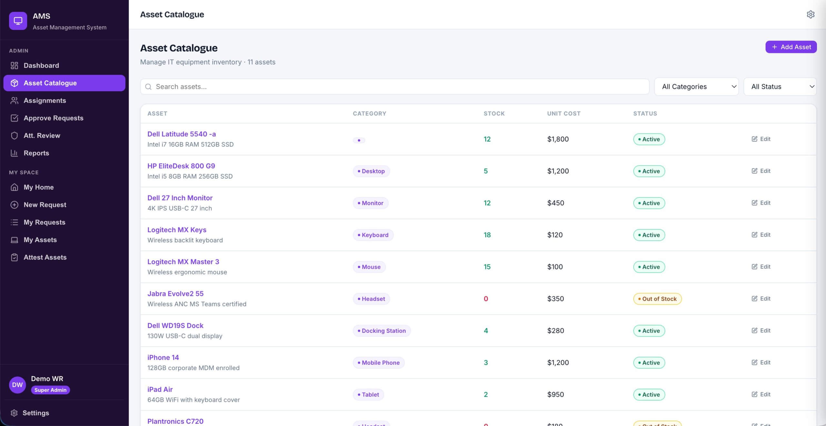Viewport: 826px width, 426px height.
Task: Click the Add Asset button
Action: [x=791, y=47]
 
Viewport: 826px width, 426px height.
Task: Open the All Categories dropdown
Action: [x=696, y=86]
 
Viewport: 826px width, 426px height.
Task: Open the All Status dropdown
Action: [x=780, y=86]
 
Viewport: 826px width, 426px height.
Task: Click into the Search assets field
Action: [x=395, y=86]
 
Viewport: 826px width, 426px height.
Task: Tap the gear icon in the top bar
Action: [x=811, y=15]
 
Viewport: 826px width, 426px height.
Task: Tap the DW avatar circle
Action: [x=17, y=385]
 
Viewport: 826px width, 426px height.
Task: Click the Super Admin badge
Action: [x=50, y=390]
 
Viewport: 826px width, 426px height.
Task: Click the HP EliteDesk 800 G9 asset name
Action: [x=181, y=166]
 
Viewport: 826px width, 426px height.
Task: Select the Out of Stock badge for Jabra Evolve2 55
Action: [x=657, y=299]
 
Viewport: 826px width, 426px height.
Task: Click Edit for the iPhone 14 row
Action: [x=761, y=362]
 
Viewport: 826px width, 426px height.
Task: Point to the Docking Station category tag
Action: [x=382, y=331]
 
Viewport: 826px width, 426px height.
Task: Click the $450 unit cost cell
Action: [x=556, y=203]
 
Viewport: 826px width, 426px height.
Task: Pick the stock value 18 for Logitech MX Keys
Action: [x=487, y=235]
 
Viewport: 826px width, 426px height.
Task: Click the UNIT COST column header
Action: [x=564, y=114]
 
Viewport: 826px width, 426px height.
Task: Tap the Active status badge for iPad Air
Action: [x=649, y=394]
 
